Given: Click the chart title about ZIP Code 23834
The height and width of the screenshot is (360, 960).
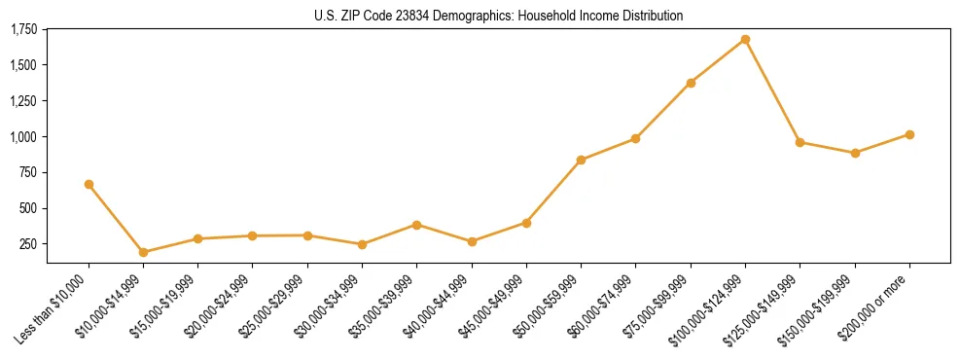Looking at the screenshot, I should (x=498, y=17).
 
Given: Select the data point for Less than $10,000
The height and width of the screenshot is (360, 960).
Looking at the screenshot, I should (x=89, y=184).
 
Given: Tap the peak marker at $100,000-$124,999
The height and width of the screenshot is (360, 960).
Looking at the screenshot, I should (x=745, y=39).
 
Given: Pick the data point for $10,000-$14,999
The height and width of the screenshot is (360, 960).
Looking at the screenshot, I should (x=143, y=252).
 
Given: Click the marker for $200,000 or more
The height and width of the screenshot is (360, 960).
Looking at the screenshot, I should (x=909, y=134).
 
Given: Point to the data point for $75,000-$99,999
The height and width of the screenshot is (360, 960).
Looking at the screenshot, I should (x=691, y=83).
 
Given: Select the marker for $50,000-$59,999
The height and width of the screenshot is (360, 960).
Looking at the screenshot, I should (x=581, y=160).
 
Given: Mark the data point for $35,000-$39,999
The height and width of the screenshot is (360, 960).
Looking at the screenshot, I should (x=416, y=225).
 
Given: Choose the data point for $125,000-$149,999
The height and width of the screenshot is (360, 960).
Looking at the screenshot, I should (x=800, y=142).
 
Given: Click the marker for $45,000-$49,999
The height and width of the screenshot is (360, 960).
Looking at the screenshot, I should (x=526, y=223).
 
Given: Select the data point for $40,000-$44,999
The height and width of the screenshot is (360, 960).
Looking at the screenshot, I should (x=472, y=241).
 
